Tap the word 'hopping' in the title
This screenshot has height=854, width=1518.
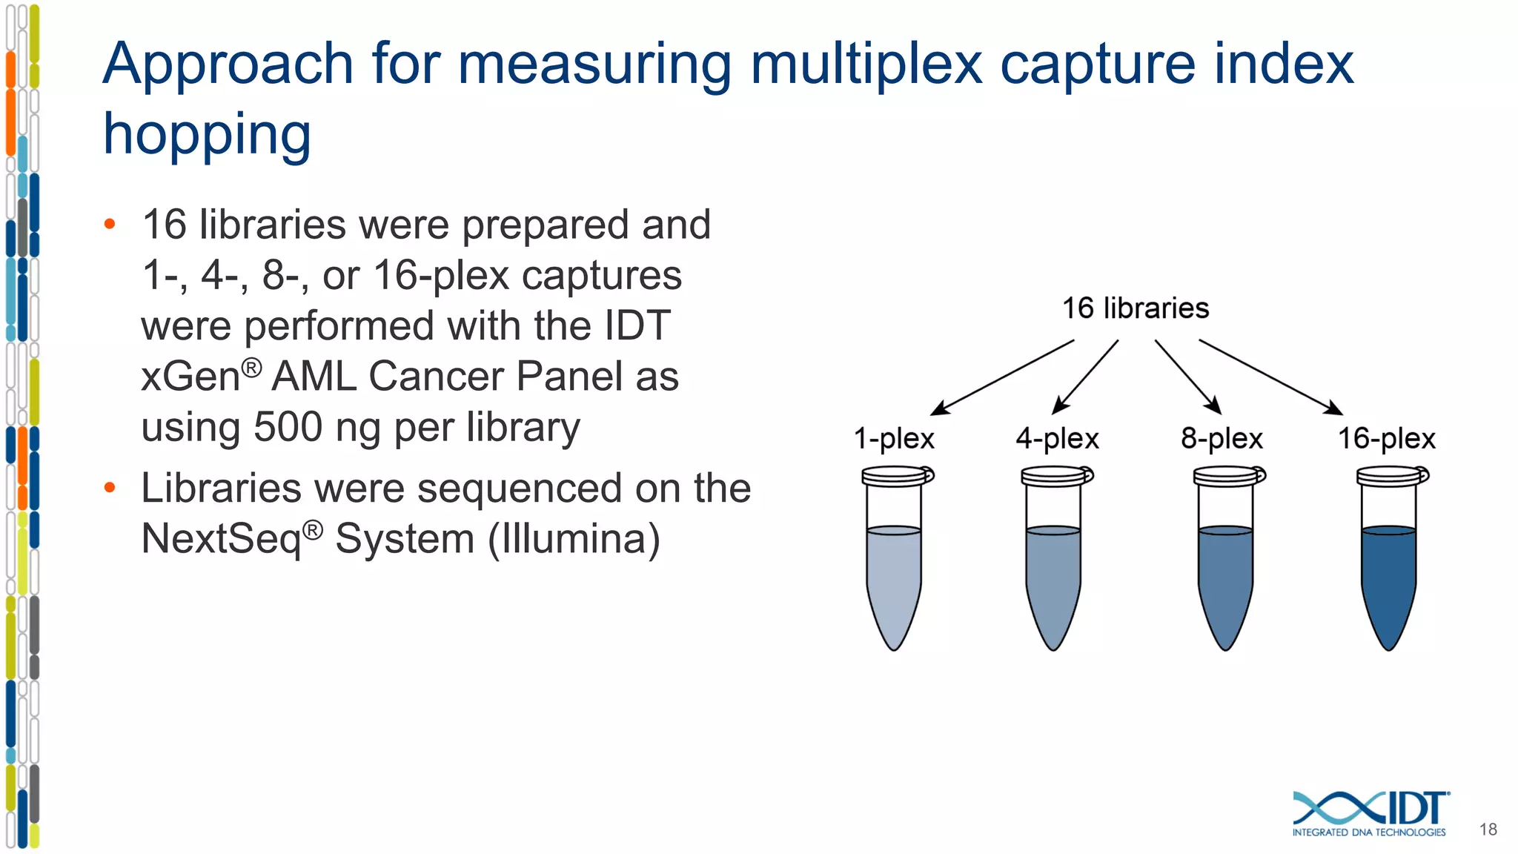click(x=207, y=135)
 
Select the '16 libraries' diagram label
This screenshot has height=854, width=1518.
click(x=1135, y=308)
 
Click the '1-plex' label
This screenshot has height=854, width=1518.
click(x=893, y=438)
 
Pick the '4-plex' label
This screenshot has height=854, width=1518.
click(x=1057, y=438)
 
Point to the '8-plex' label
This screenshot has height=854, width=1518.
click(x=1222, y=438)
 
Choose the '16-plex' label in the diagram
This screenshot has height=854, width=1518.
click(x=1386, y=438)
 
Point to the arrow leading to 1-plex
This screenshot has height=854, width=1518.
click(x=1002, y=377)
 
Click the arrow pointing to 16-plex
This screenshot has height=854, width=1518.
click(x=1270, y=377)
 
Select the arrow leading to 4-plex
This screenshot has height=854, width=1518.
click(x=1085, y=377)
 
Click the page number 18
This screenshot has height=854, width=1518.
click(x=1488, y=830)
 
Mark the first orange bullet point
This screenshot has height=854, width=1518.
click(x=110, y=224)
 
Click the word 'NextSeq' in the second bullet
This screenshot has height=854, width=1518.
click(x=222, y=538)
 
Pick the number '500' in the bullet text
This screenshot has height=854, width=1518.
click(x=288, y=427)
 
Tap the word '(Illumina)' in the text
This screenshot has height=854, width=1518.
click(x=573, y=538)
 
